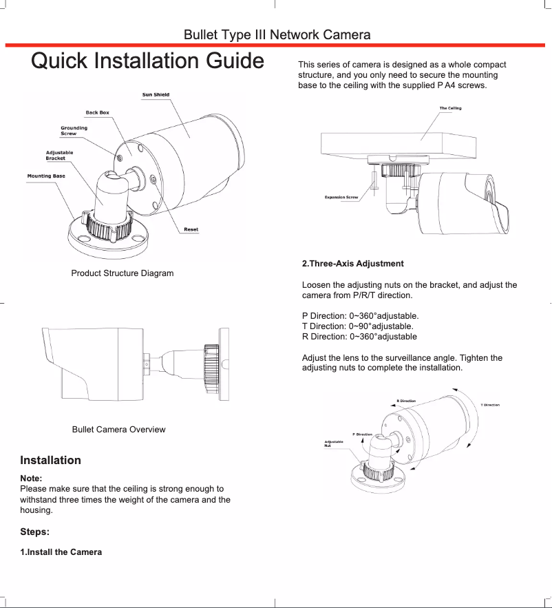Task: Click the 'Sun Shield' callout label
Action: [156, 95]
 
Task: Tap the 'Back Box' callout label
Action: [97, 112]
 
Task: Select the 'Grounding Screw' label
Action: [74, 131]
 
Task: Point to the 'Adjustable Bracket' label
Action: [59, 156]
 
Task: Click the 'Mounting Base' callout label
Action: [46, 176]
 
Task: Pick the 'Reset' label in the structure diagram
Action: [191, 229]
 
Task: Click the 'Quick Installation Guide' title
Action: [148, 61]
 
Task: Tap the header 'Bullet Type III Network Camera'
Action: [277, 35]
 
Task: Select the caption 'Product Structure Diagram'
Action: [123, 273]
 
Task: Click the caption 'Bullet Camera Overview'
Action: [118, 430]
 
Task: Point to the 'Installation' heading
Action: [51, 460]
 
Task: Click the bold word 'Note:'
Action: [32, 478]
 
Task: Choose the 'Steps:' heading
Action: [34, 532]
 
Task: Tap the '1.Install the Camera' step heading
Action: [61, 552]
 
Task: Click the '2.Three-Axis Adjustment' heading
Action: [353, 264]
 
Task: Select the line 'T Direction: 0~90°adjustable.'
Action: [358, 326]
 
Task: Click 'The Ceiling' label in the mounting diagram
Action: [450, 108]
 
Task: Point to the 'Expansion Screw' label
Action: [341, 198]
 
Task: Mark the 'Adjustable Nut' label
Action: [334, 443]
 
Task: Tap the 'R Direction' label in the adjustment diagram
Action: [406, 401]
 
